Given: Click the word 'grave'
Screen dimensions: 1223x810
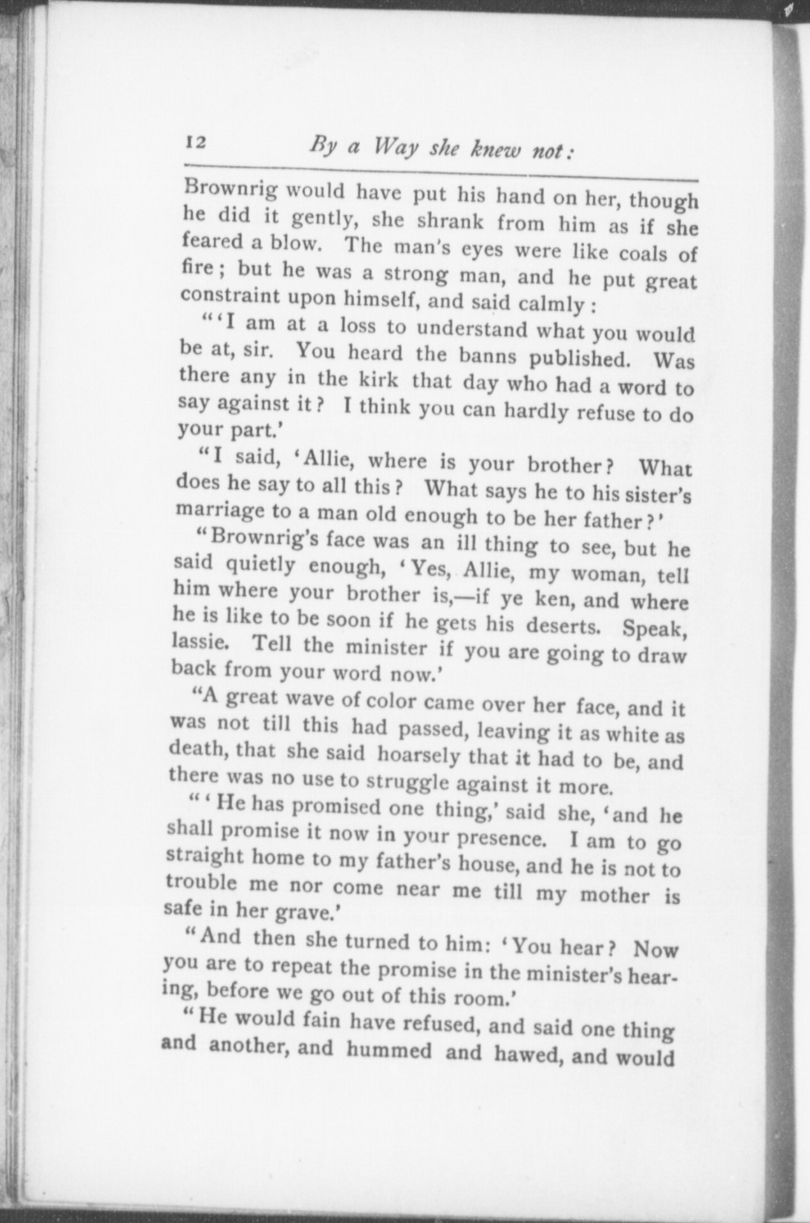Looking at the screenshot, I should pos(299,913).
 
